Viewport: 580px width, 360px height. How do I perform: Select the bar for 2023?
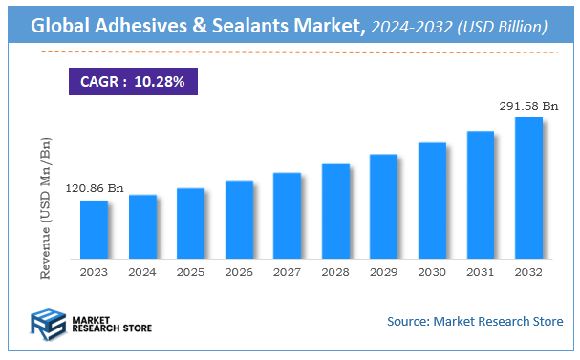tap(94, 229)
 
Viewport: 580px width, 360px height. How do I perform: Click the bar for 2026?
tap(239, 220)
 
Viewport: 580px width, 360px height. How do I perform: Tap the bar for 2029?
tap(383, 206)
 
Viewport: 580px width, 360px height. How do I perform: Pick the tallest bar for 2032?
tap(528, 187)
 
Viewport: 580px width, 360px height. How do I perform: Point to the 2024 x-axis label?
tap(142, 272)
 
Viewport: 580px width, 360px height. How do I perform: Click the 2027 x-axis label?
tap(287, 272)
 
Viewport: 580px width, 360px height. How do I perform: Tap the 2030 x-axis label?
tap(432, 272)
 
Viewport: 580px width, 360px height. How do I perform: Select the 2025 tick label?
tap(190, 272)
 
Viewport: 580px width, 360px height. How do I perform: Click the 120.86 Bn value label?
tap(95, 189)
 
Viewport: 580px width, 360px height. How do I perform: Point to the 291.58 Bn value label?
tap(527, 106)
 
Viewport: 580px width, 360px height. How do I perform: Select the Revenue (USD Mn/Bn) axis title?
tap(44, 208)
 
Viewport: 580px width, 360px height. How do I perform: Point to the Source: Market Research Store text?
tap(475, 321)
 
